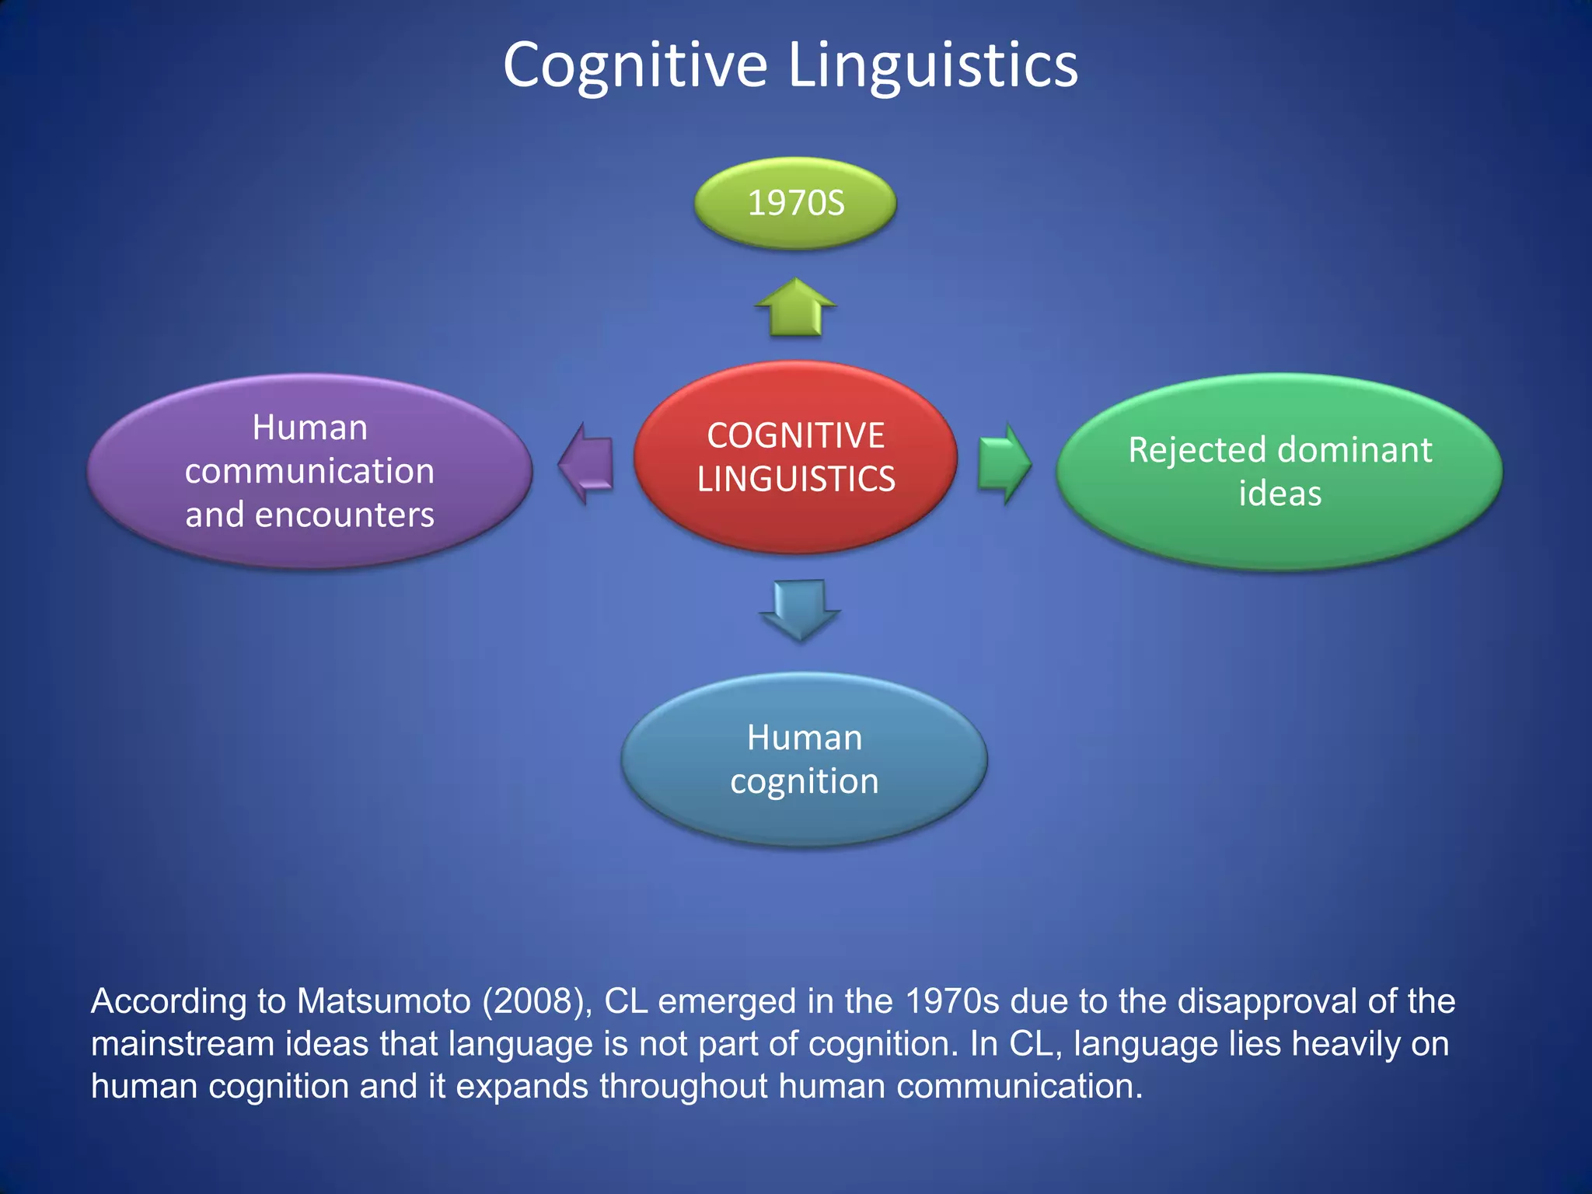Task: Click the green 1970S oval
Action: [795, 204]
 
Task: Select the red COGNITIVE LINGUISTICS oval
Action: [795, 457]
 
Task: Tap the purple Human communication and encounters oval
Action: [309, 471]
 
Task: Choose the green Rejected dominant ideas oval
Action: [1280, 471]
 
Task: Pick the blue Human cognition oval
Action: [804, 759]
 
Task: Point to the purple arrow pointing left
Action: [587, 464]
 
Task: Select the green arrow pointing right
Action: [1004, 464]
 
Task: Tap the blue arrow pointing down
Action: [800, 609]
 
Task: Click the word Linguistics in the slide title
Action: [933, 65]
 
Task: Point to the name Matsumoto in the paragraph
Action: [383, 1001]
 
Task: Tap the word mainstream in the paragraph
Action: [182, 1044]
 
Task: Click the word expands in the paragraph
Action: [522, 1087]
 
